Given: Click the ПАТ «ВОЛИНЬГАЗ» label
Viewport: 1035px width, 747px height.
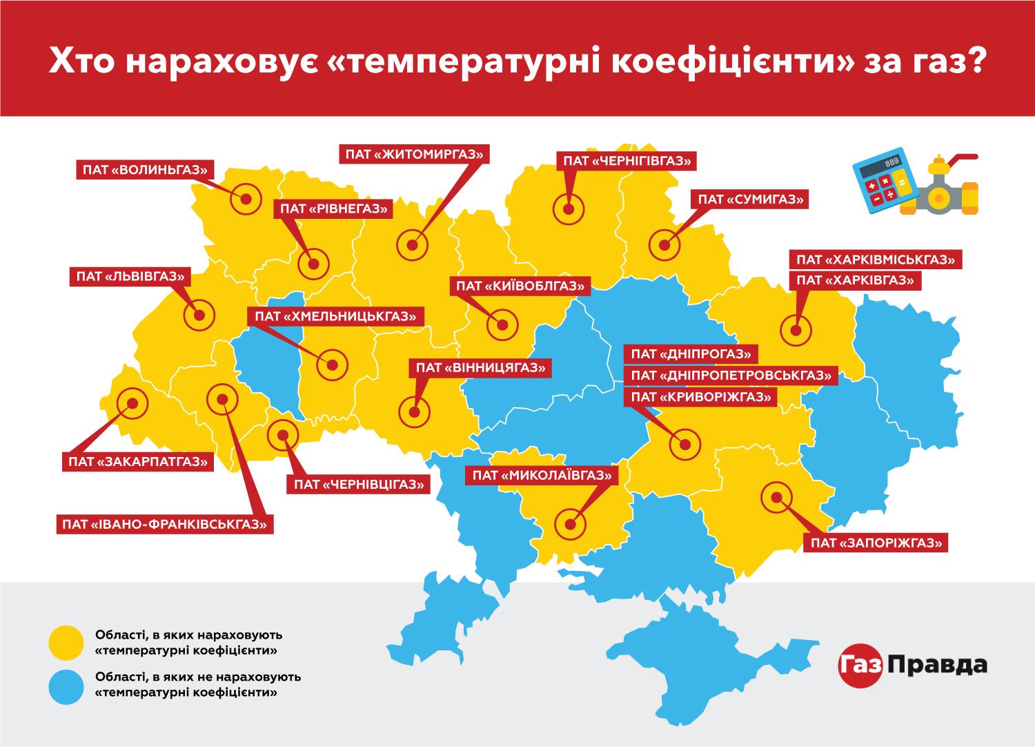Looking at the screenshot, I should point(146,170).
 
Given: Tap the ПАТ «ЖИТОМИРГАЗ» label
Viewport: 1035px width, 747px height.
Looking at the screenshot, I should point(414,154).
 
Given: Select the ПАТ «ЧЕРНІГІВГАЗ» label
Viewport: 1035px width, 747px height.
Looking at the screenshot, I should point(627,161).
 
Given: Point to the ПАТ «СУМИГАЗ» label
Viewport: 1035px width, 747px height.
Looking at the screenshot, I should point(751,200).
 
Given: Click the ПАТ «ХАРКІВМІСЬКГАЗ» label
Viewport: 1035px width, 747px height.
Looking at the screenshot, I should point(875,260).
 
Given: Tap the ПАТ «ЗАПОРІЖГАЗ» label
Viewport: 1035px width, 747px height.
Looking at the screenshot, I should point(876,543).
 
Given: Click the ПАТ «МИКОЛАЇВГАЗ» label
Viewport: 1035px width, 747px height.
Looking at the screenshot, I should point(542,475).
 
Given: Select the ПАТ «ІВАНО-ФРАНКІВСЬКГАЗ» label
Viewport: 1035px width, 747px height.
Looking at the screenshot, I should point(164,524).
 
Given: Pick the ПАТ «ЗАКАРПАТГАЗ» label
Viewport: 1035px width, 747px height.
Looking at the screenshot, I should point(138,461).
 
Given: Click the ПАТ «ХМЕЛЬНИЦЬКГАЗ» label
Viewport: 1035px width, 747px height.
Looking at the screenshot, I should point(335,316).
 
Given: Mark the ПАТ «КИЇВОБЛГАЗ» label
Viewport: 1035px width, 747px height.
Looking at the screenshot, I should point(520,286).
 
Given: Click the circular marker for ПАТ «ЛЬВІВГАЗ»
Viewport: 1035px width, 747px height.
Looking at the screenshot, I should point(199,316).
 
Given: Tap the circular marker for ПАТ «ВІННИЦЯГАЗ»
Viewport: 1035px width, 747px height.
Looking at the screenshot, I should point(414,412).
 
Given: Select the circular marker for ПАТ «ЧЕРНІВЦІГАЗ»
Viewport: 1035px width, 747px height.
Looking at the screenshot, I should point(283,435).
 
